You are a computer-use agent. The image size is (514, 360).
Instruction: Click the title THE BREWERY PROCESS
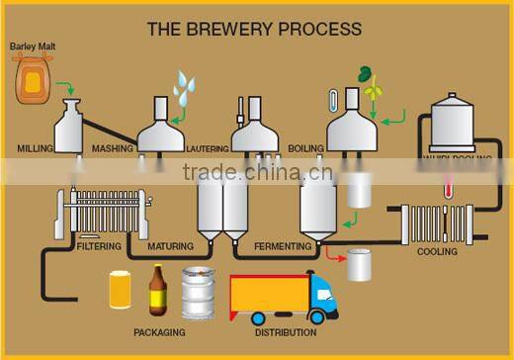(x=254, y=29)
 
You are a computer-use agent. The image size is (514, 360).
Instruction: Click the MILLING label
(x=36, y=148)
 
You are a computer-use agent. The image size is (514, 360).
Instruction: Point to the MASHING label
(x=113, y=148)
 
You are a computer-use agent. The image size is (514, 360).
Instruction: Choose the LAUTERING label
(x=208, y=149)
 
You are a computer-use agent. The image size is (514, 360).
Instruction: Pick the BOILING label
(x=305, y=148)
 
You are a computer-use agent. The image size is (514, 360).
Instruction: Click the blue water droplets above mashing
(x=185, y=86)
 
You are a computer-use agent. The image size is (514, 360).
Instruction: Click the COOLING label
(x=437, y=252)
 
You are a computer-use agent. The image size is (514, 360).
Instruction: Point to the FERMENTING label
(x=283, y=245)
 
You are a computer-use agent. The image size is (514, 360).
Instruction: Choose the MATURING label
(x=170, y=245)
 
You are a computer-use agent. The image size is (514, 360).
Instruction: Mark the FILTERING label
(x=99, y=245)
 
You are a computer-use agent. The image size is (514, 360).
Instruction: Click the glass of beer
(x=121, y=291)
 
